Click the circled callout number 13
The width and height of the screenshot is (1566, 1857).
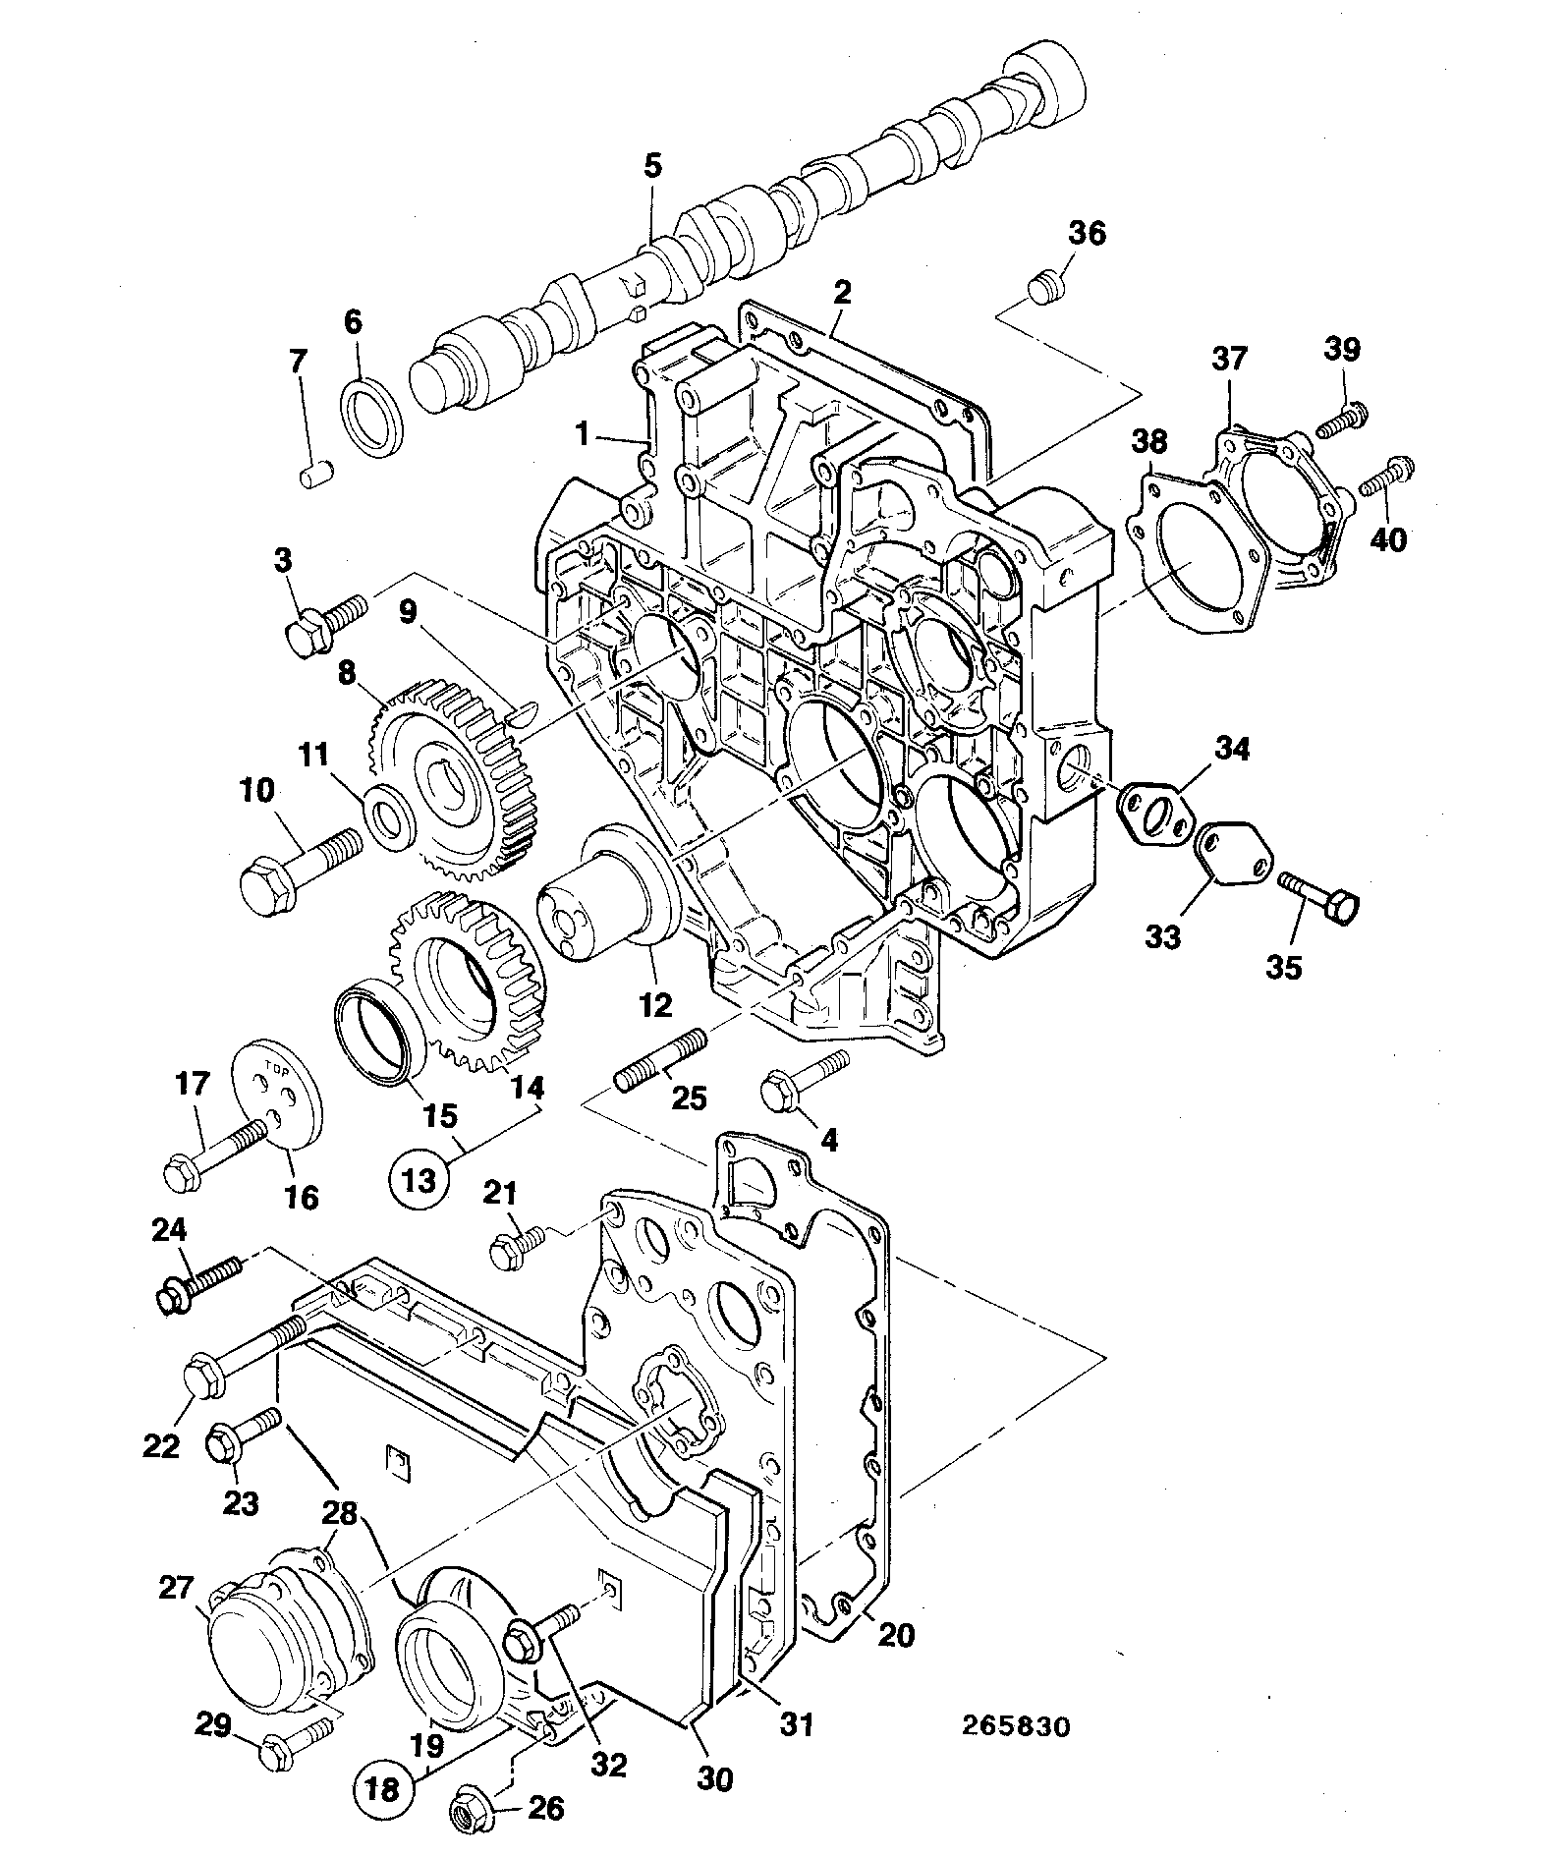pyautogui.click(x=419, y=1178)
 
